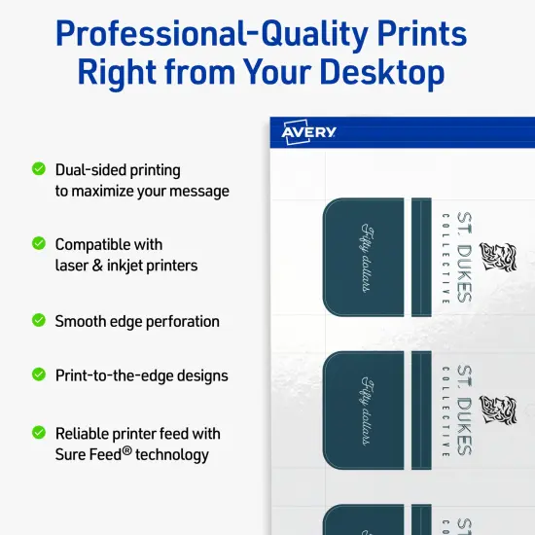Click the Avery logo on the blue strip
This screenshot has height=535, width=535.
[x=309, y=132]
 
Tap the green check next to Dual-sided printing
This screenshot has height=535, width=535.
[x=39, y=168]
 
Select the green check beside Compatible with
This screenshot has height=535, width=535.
[x=39, y=243]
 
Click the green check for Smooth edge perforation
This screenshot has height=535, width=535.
[x=39, y=319]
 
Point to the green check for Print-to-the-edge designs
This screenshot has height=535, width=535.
[x=39, y=374]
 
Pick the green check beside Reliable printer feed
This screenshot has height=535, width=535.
[x=39, y=432]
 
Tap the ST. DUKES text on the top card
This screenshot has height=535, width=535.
[x=464, y=257]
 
